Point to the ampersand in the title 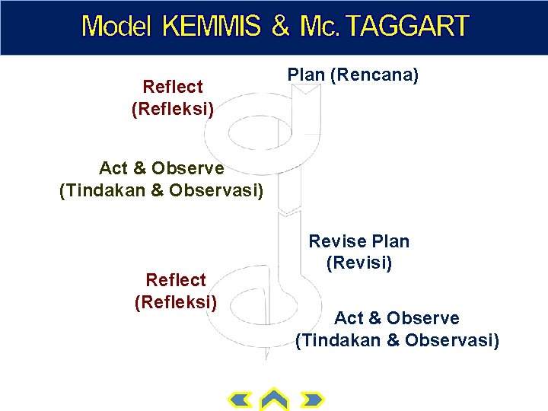click(x=282, y=27)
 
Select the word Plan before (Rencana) click(x=306, y=76)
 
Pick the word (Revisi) click(x=359, y=263)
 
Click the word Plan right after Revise click(x=390, y=242)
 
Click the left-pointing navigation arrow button click(x=241, y=400)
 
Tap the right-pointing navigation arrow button click(x=312, y=400)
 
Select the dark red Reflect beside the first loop click(x=173, y=88)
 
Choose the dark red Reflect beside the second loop click(x=176, y=280)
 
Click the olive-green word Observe click(x=187, y=167)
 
